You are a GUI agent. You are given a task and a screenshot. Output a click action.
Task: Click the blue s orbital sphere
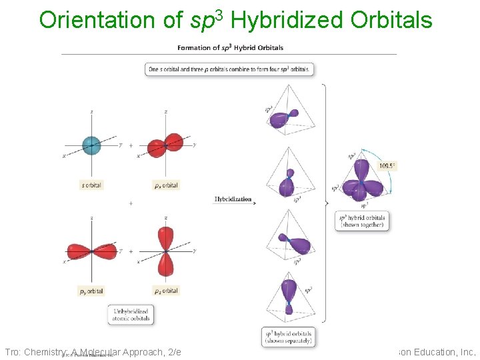pyautogui.click(x=91, y=144)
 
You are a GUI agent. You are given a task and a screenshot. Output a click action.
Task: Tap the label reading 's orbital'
pyautogui.click(x=91, y=185)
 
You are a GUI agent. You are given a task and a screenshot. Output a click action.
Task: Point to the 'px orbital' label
pyautogui.click(x=165, y=185)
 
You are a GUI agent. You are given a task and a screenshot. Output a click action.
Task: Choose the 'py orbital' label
pyautogui.click(x=91, y=291)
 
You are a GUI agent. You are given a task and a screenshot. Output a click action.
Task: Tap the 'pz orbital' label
pyautogui.click(x=165, y=291)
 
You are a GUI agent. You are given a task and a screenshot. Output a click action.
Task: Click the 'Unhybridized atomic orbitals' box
pyautogui.click(x=131, y=315)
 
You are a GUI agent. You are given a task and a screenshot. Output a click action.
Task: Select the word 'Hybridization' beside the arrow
pyautogui.click(x=233, y=199)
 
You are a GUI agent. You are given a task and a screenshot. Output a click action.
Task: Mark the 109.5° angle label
pyautogui.click(x=387, y=166)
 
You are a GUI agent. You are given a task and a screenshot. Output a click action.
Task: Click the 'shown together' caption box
pyautogui.click(x=362, y=221)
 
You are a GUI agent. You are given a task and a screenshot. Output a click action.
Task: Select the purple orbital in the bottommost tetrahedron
pyautogui.click(x=289, y=293)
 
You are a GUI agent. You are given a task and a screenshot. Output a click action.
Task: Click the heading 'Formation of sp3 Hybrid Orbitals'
pyautogui.click(x=230, y=47)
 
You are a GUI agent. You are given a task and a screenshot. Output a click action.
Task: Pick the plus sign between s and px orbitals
pyautogui.click(x=131, y=145)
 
